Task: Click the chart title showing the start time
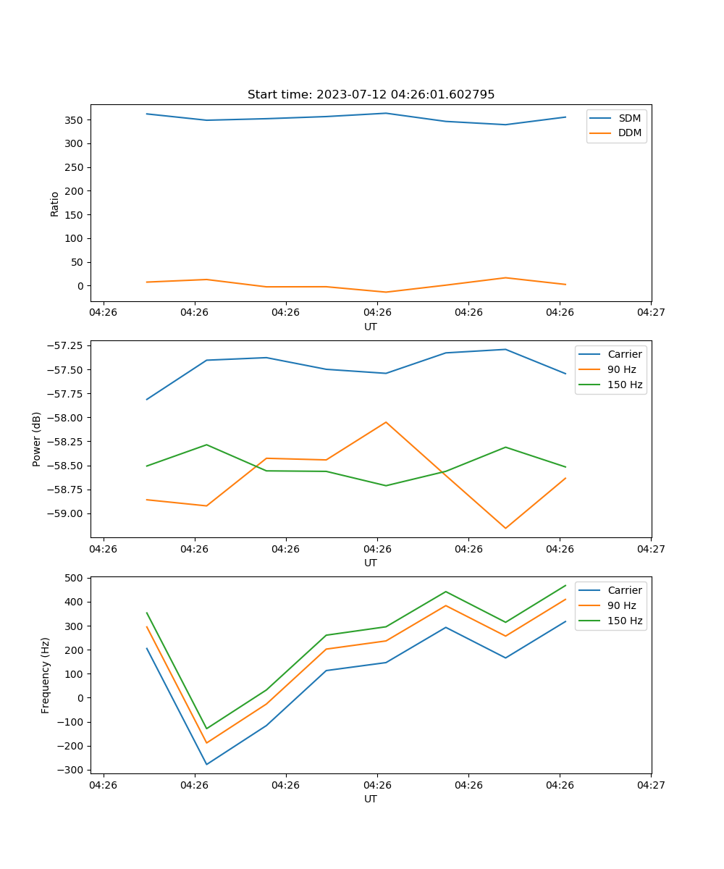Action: click(x=371, y=95)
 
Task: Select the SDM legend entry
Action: click(x=629, y=118)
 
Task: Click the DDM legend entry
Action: click(x=629, y=133)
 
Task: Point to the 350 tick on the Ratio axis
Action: click(x=75, y=120)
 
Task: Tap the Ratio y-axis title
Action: click(x=55, y=204)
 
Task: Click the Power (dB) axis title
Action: click(x=37, y=439)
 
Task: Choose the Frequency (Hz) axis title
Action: click(x=46, y=675)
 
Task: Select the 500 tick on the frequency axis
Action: click(x=75, y=578)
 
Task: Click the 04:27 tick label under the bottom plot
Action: click(x=651, y=784)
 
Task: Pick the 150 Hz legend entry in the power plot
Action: click(x=625, y=385)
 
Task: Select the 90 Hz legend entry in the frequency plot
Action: click(x=621, y=605)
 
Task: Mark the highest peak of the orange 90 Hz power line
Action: click(x=386, y=422)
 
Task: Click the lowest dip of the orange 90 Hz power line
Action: click(x=505, y=528)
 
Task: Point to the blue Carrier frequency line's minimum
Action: click(x=206, y=764)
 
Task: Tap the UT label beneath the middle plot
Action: click(x=371, y=563)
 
